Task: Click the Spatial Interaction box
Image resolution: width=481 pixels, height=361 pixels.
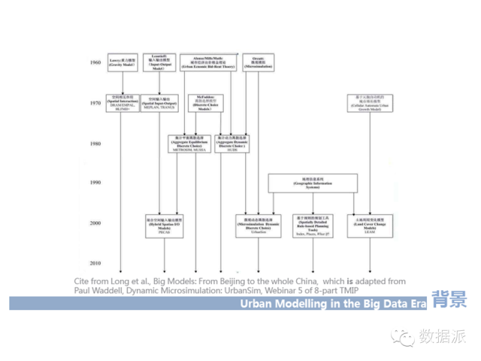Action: click(121, 103)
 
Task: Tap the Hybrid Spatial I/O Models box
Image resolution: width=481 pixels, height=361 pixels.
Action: click(165, 225)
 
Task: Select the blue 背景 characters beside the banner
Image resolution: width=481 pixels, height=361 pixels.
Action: click(449, 299)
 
